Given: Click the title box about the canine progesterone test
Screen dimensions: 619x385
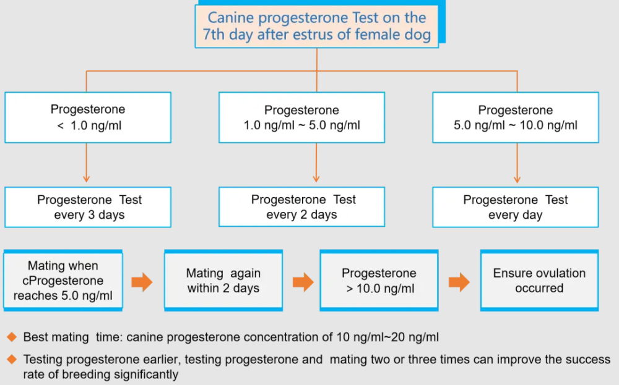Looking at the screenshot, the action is click(x=316, y=27).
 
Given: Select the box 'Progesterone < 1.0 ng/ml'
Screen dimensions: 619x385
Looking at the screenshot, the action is click(x=88, y=117).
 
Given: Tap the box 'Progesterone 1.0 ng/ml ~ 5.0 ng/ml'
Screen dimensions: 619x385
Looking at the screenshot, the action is click(x=301, y=117).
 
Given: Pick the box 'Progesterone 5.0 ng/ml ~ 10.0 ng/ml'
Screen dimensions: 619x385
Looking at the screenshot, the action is click(x=516, y=117).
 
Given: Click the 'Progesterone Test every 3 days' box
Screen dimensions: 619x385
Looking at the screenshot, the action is click(x=88, y=207).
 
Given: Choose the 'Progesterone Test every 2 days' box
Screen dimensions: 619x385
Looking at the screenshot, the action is click(x=301, y=207).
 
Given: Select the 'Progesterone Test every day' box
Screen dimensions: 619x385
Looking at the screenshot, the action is click(x=516, y=207).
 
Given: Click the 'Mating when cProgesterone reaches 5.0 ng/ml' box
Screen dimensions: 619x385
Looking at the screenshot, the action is click(x=63, y=281).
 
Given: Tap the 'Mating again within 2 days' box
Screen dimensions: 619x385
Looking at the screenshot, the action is click(x=223, y=281).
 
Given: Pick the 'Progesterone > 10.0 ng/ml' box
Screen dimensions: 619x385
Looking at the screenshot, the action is click(x=379, y=281).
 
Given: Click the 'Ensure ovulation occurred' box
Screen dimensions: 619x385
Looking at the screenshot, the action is click(x=539, y=281).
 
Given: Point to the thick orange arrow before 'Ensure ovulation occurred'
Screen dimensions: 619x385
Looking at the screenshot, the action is click(x=459, y=282).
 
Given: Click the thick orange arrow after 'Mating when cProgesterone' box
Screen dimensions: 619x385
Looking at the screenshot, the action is click(x=142, y=282).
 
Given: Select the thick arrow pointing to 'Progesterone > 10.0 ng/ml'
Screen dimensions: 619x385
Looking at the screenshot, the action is click(x=303, y=282).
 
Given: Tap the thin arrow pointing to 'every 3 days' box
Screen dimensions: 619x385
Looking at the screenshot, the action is click(x=87, y=163).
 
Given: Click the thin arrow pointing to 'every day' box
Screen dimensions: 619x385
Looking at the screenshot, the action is click(x=517, y=163).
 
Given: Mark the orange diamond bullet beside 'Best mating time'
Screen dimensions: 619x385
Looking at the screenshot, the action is click(x=12, y=337).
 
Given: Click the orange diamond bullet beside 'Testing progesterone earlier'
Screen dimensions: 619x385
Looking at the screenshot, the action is click(x=12, y=360).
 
